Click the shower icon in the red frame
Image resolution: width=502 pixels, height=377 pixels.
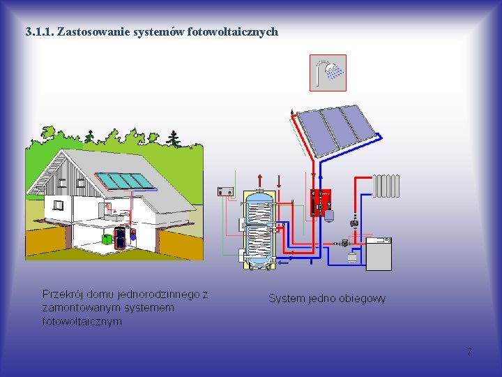point(328,73)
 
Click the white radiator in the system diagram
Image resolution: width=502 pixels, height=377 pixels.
point(387,185)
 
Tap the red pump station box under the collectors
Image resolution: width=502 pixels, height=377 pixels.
point(321,202)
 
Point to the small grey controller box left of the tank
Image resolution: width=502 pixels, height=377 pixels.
point(225,191)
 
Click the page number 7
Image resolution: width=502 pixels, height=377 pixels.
point(469,352)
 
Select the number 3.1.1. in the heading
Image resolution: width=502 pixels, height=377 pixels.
point(38,31)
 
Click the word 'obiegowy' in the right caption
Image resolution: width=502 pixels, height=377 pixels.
point(362,299)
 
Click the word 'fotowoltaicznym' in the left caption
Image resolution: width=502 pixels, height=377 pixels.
point(82,322)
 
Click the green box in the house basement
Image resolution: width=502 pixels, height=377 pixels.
point(107,239)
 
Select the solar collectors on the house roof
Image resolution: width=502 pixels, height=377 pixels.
point(124,181)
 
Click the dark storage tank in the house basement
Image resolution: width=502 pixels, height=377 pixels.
point(121,237)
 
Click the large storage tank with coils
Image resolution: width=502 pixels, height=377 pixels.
point(260,228)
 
